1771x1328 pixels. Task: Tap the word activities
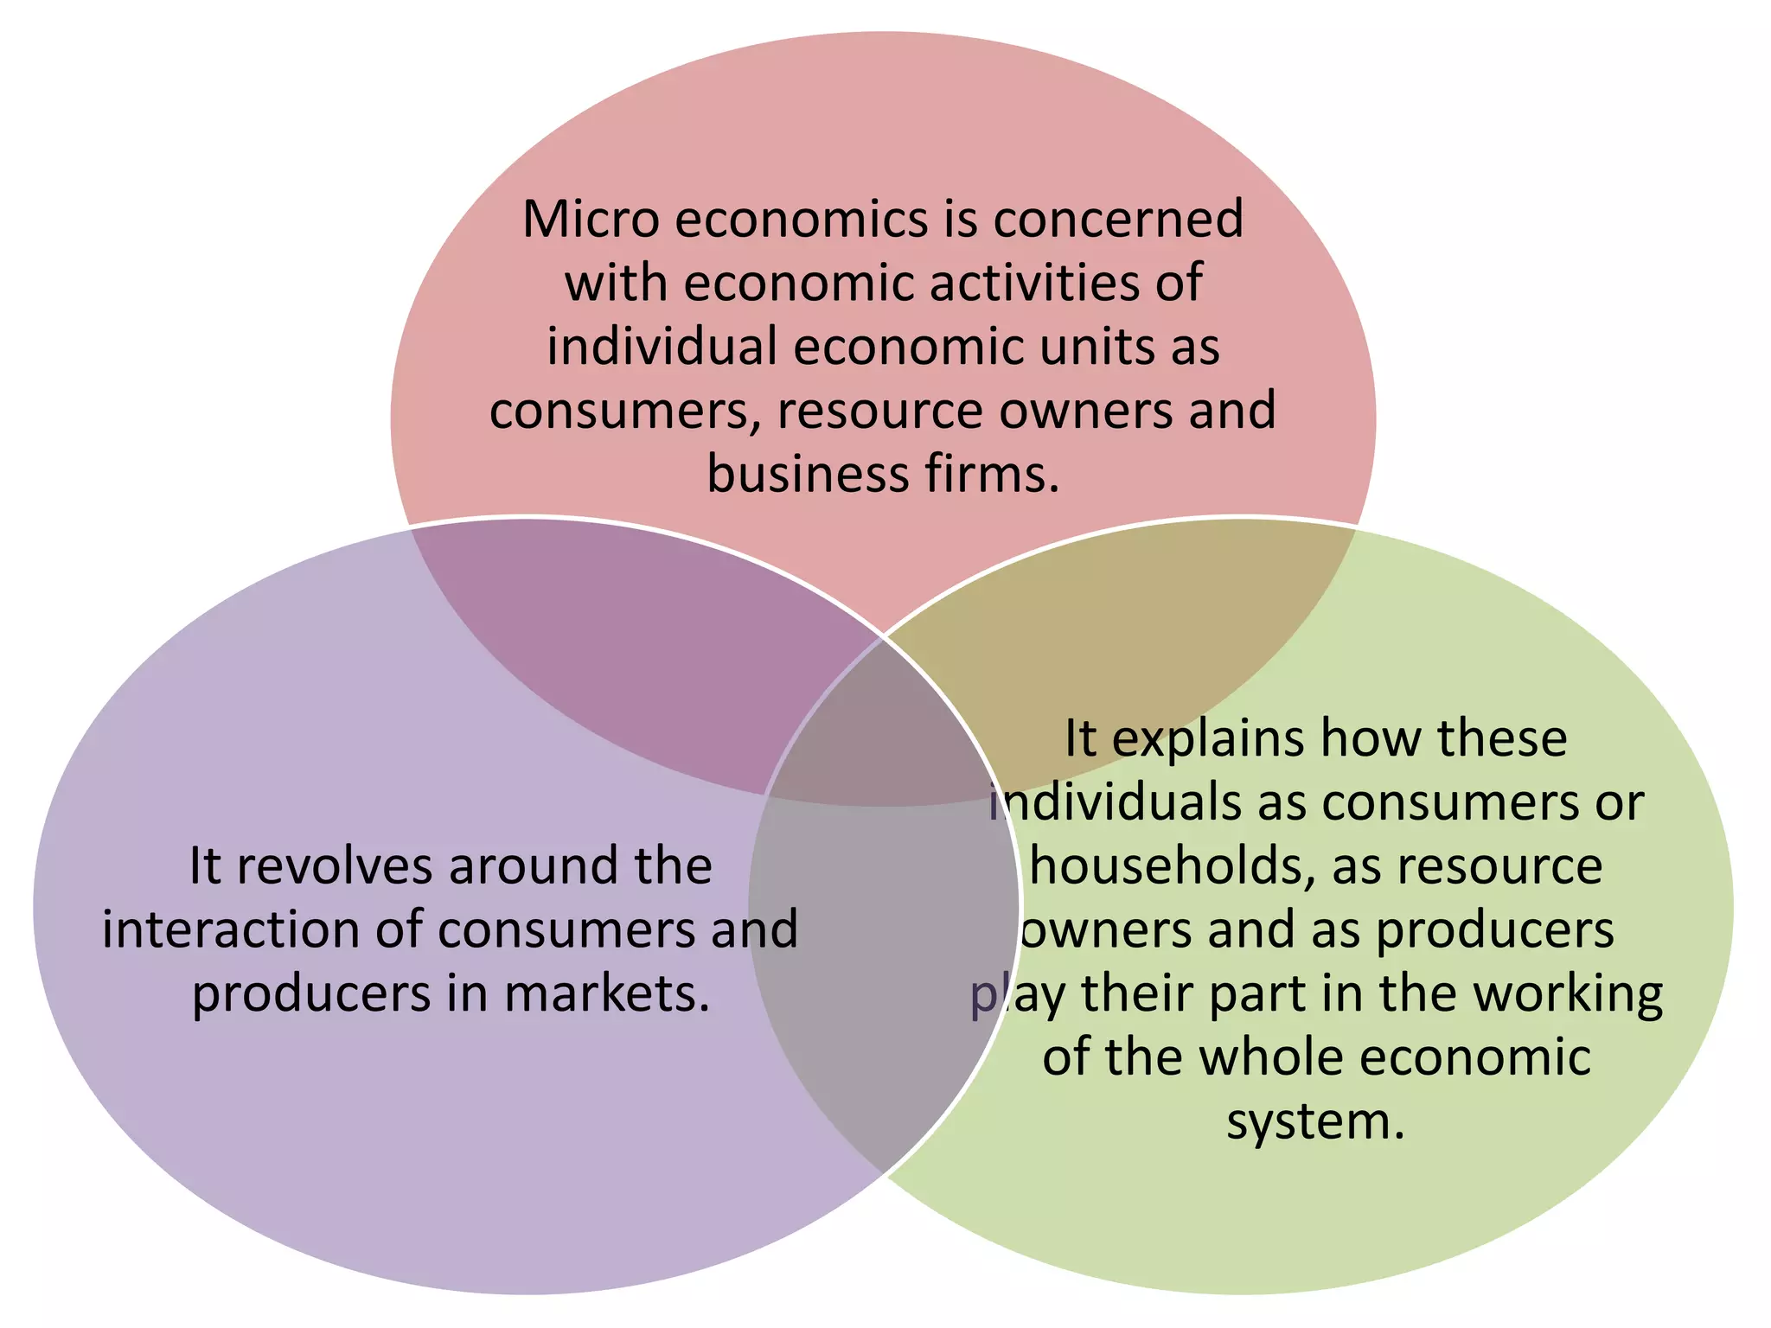[1033, 283]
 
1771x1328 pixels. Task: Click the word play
[1017, 993]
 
